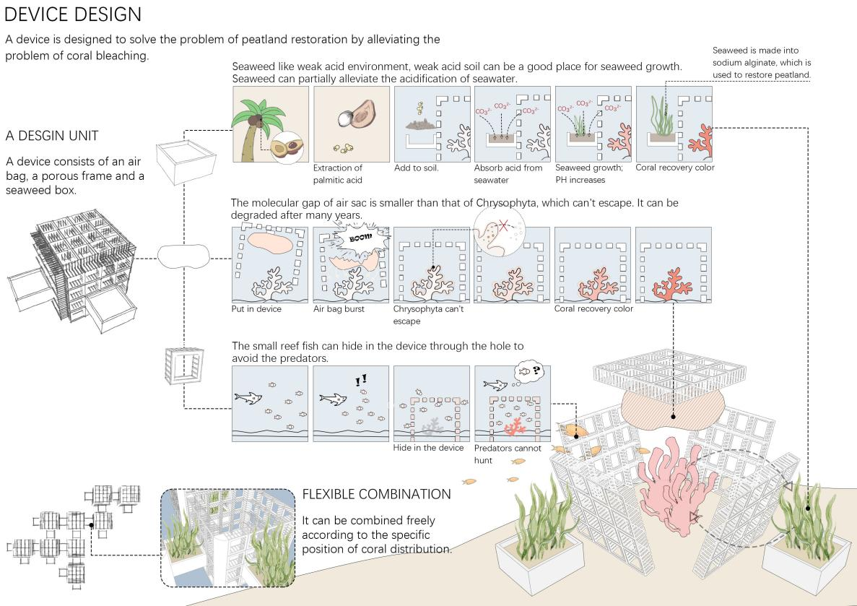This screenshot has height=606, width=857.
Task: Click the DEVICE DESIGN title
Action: (73, 14)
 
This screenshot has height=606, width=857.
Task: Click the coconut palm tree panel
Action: (270, 124)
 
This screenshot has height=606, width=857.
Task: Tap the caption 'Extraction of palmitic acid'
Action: (338, 173)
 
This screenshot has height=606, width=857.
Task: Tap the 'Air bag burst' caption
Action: (339, 308)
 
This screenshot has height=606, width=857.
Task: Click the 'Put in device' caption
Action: (257, 308)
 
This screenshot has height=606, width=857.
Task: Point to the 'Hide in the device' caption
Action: (428, 448)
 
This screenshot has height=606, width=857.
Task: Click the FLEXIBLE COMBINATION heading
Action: (376, 495)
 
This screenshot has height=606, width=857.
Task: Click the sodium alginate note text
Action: (761, 63)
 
